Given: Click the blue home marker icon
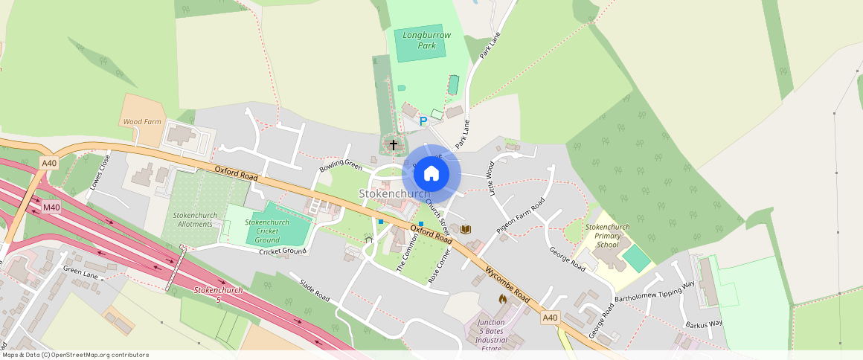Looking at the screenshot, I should (x=431, y=174).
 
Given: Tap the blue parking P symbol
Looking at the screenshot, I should (x=423, y=121).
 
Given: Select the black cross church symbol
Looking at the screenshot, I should (x=393, y=145).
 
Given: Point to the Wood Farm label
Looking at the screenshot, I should (x=141, y=121).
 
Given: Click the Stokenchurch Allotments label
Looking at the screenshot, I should (x=195, y=219).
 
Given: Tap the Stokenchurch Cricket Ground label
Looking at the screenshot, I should (x=267, y=231).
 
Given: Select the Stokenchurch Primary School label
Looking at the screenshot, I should (x=607, y=236).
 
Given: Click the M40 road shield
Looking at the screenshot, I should (x=51, y=208).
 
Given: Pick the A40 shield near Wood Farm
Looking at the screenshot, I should (x=49, y=163).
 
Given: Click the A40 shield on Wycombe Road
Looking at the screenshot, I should (x=549, y=318).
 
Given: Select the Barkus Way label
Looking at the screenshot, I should (x=704, y=324).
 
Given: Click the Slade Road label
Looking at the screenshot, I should (x=314, y=291).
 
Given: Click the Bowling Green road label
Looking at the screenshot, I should (x=340, y=165).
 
